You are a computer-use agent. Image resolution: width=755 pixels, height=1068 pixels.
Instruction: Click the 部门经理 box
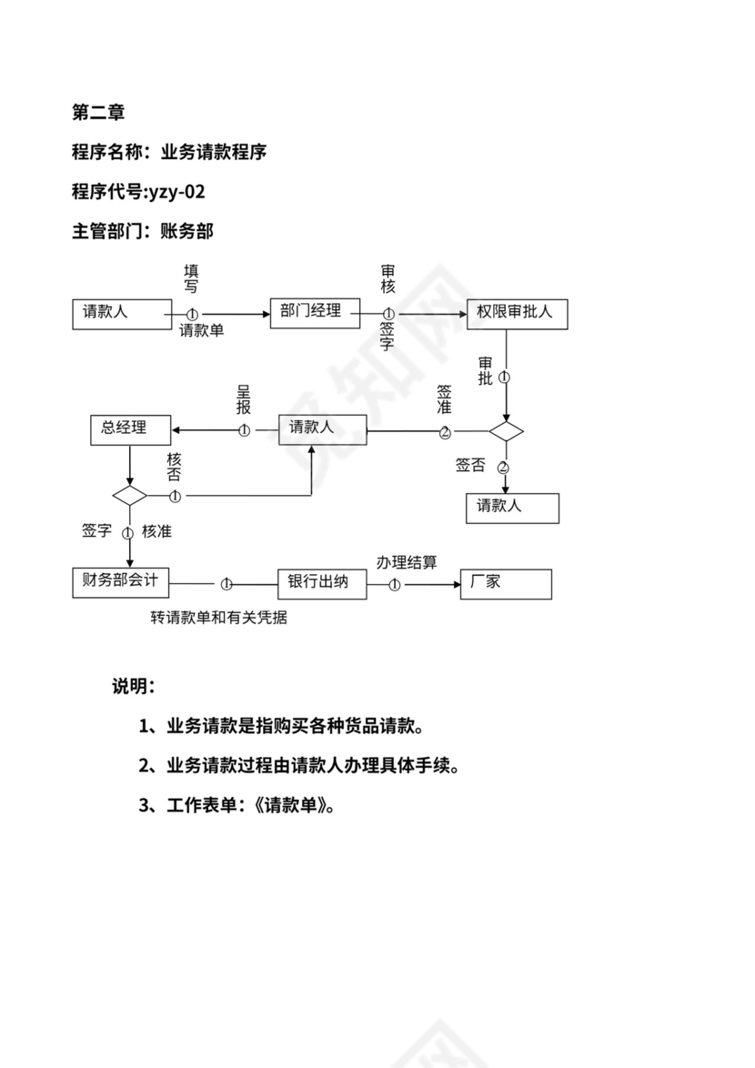tap(310, 312)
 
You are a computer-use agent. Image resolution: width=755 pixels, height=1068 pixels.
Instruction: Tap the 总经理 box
tap(131, 429)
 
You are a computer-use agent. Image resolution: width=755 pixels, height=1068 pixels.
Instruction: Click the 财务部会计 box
tap(120, 582)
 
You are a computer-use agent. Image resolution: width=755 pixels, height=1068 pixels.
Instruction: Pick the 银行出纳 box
tap(321, 583)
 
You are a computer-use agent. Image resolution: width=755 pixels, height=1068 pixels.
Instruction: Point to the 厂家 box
tap(506, 583)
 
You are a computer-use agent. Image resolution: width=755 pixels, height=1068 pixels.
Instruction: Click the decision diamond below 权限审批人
tap(506, 431)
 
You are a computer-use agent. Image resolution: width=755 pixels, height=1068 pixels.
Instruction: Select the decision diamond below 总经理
tap(130, 496)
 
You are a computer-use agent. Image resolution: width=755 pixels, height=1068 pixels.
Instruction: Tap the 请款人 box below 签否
tap(512, 508)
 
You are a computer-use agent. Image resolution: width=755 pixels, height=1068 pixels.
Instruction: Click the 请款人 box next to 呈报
tap(322, 429)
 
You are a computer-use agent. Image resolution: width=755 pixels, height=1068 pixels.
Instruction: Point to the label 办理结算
tap(407, 562)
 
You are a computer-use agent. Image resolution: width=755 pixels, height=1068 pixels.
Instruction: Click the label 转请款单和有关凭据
tap(219, 618)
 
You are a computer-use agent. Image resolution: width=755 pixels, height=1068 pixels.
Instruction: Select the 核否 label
tap(174, 467)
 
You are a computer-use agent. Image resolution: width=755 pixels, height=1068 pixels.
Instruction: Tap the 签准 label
tap(444, 399)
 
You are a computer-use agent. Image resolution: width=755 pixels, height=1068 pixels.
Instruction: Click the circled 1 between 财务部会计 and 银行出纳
tap(226, 584)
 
